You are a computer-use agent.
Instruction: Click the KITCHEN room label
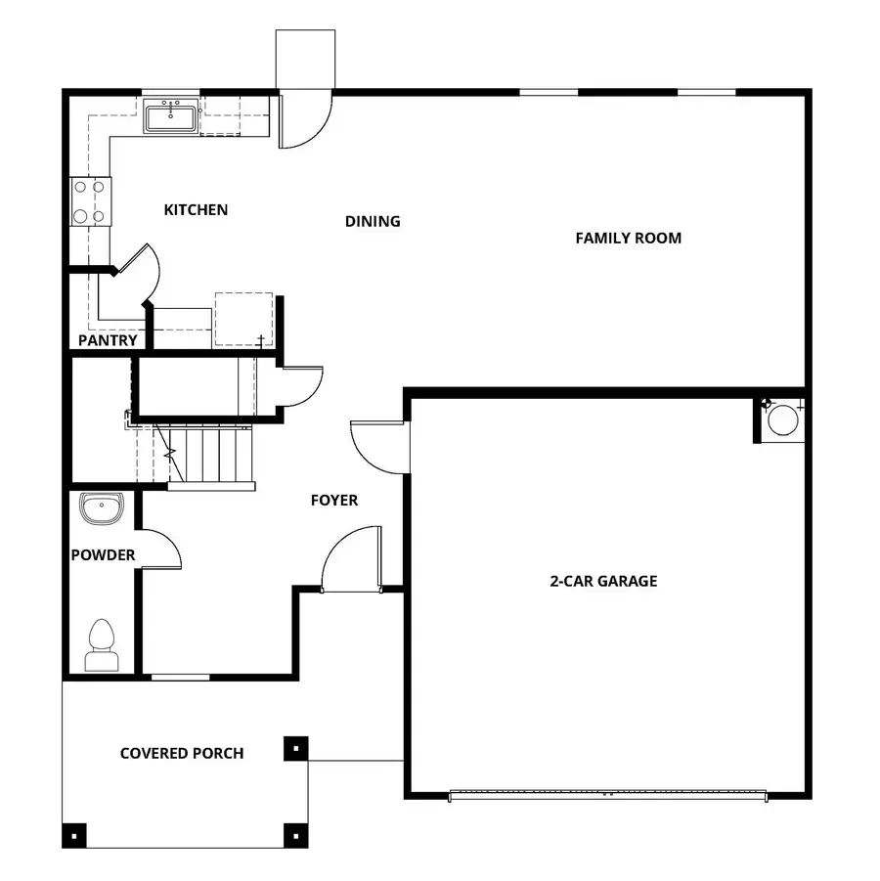pyautogui.click(x=196, y=210)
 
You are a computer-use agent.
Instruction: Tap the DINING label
pyautogui.click(x=373, y=221)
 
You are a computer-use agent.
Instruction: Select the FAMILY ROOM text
pyautogui.click(x=628, y=238)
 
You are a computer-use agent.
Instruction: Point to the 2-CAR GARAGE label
pyautogui.click(x=602, y=581)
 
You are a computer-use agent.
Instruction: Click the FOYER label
pyautogui.click(x=334, y=501)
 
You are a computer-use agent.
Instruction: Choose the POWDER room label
pyautogui.click(x=103, y=555)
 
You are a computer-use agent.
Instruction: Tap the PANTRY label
pyautogui.click(x=108, y=341)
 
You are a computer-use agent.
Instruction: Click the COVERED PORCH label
pyautogui.click(x=182, y=753)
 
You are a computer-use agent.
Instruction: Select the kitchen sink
pyautogui.click(x=172, y=116)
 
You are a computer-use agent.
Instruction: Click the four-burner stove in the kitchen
pyautogui.click(x=90, y=201)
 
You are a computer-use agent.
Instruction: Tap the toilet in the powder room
pyautogui.click(x=102, y=645)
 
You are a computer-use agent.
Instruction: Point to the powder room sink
pyautogui.click(x=102, y=508)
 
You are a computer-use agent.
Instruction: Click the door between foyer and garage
pyautogui.click(x=376, y=445)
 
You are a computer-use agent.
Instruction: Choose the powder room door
pyautogui.click(x=161, y=550)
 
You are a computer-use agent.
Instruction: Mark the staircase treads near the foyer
pyautogui.click(x=210, y=455)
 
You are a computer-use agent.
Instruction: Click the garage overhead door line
pyautogui.click(x=607, y=795)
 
